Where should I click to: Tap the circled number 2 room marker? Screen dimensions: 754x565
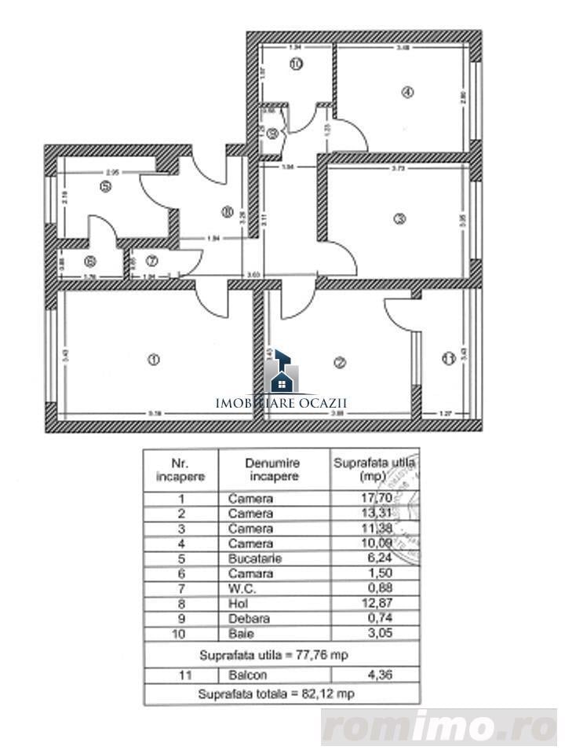click(x=340, y=362)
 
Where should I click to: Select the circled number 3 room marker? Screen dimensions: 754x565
click(x=399, y=219)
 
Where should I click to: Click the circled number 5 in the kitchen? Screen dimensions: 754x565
click(x=105, y=186)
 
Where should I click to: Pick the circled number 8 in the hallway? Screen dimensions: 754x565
click(x=227, y=210)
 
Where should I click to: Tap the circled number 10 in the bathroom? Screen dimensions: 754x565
click(x=295, y=64)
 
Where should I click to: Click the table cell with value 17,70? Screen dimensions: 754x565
click(x=374, y=498)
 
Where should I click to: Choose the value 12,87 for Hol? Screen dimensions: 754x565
click(x=374, y=603)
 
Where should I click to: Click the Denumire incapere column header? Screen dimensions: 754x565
click(x=272, y=470)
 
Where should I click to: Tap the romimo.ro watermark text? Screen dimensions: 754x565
click(x=439, y=727)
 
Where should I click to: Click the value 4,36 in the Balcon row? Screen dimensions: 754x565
click(x=374, y=675)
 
